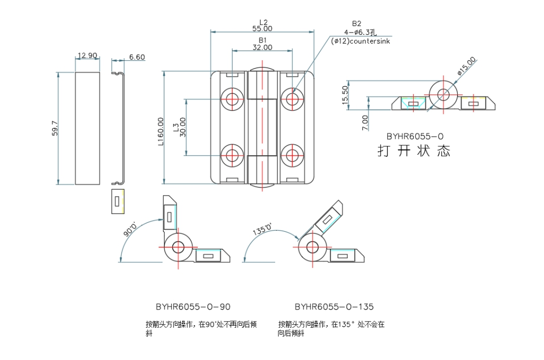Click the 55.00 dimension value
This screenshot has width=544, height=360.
pyautogui.click(x=262, y=29)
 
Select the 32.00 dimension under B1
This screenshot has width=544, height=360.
pyautogui.click(x=262, y=47)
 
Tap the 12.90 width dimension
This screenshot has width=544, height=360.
pyautogui.click(x=87, y=56)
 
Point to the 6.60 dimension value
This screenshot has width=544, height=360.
pyautogui.click(x=137, y=57)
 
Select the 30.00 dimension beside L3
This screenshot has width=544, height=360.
pyautogui.click(x=182, y=127)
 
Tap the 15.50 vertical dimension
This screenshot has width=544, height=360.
pyautogui.click(x=345, y=95)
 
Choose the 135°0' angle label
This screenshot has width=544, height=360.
pyautogui.click(x=262, y=230)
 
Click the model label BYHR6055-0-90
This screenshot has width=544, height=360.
pyautogui.click(x=193, y=306)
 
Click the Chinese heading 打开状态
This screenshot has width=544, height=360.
pyautogui.click(x=414, y=151)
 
